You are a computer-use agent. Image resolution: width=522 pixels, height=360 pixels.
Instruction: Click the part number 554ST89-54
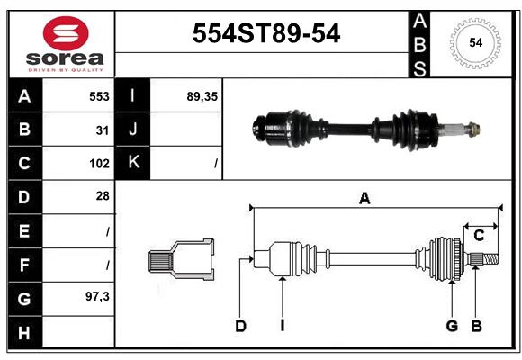click(267, 34)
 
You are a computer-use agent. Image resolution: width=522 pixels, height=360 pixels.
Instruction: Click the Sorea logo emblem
click(66, 35)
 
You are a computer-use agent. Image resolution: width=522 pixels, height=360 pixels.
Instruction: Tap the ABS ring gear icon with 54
click(474, 42)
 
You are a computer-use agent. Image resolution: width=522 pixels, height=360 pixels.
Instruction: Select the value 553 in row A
click(99, 95)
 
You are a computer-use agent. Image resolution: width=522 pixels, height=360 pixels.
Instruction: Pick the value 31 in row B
click(103, 130)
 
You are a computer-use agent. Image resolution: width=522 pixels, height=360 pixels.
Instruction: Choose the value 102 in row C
click(99, 164)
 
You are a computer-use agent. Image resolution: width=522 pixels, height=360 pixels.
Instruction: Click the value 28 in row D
click(103, 196)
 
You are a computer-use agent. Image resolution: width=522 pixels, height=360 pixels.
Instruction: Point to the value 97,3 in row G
click(97, 295)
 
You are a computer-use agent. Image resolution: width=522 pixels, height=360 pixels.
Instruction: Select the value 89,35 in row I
click(202, 95)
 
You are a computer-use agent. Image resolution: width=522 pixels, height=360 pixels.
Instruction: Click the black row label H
click(24, 333)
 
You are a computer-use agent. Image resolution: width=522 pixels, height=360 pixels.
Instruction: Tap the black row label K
click(133, 163)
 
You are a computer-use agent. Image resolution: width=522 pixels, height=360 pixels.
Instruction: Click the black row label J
click(133, 130)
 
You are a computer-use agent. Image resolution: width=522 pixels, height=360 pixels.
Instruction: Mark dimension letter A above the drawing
click(364, 199)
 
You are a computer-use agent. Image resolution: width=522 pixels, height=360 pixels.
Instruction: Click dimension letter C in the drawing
click(479, 236)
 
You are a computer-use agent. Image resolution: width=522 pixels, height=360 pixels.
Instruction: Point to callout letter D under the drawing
click(240, 326)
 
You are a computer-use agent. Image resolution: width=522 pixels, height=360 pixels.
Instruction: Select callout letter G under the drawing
click(452, 326)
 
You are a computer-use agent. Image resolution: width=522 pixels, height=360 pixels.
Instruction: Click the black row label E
click(24, 230)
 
